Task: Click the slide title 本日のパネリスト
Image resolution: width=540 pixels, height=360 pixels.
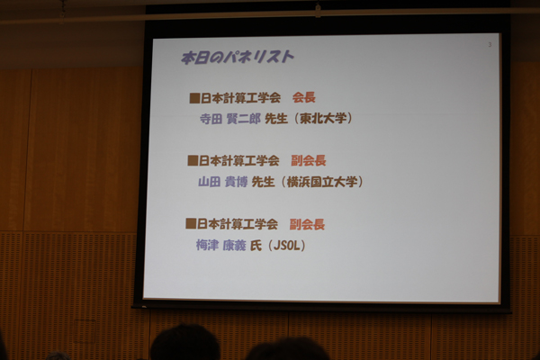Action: pyautogui.click(x=238, y=58)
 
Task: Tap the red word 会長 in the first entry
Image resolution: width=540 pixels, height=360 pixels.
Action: pyautogui.click(x=304, y=97)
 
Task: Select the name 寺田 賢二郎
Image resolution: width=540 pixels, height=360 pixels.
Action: pyautogui.click(x=230, y=119)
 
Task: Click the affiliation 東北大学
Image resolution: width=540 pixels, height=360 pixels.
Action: pyautogui.click(x=323, y=118)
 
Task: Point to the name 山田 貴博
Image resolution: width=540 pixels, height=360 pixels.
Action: pyautogui.click(x=222, y=182)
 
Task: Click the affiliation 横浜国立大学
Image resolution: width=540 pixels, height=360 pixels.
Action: pyautogui.click(x=322, y=182)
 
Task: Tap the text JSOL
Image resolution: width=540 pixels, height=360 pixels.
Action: pyautogui.click(x=287, y=246)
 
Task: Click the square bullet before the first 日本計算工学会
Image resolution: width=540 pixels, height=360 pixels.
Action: pyautogui.click(x=194, y=98)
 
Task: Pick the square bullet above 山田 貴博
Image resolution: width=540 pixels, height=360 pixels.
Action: pyautogui.click(x=193, y=160)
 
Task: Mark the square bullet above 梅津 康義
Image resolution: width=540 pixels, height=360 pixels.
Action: pyautogui.click(x=191, y=223)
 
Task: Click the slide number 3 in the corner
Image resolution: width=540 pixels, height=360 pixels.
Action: pyautogui.click(x=490, y=45)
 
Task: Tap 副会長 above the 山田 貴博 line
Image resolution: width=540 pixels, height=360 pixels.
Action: pyautogui.click(x=308, y=160)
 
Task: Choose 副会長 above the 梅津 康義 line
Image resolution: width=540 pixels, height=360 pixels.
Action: pyautogui.click(x=307, y=224)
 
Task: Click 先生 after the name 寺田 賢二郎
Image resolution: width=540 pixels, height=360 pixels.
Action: pyautogui.click(x=276, y=119)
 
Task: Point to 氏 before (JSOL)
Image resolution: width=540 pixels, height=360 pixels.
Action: pyautogui.click(x=256, y=246)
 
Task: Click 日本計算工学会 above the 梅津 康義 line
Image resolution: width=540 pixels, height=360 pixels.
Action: pyautogui.click(x=238, y=224)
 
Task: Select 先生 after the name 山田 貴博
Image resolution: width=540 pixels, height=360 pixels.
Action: pyautogui.click(x=263, y=182)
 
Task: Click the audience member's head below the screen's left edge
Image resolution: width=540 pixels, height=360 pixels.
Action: pyautogui.click(x=184, y=342)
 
